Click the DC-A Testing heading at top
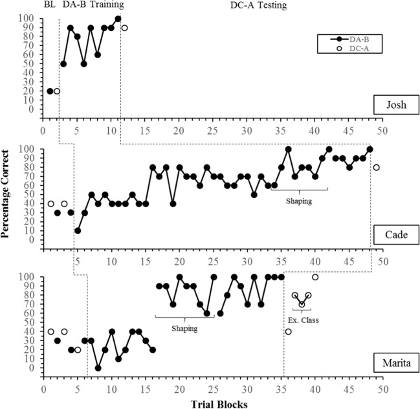[258, 6]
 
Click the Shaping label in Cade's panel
[299, 201]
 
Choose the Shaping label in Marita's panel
[184, 328]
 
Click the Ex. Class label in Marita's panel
[302, 320]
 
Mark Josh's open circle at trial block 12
[124, 28]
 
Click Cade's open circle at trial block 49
[376, 168]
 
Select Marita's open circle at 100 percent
[315, 277]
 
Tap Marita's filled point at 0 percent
[98, 368]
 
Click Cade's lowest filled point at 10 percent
[78, 230]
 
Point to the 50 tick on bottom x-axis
[383, 388]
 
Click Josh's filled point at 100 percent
[118, 19]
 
